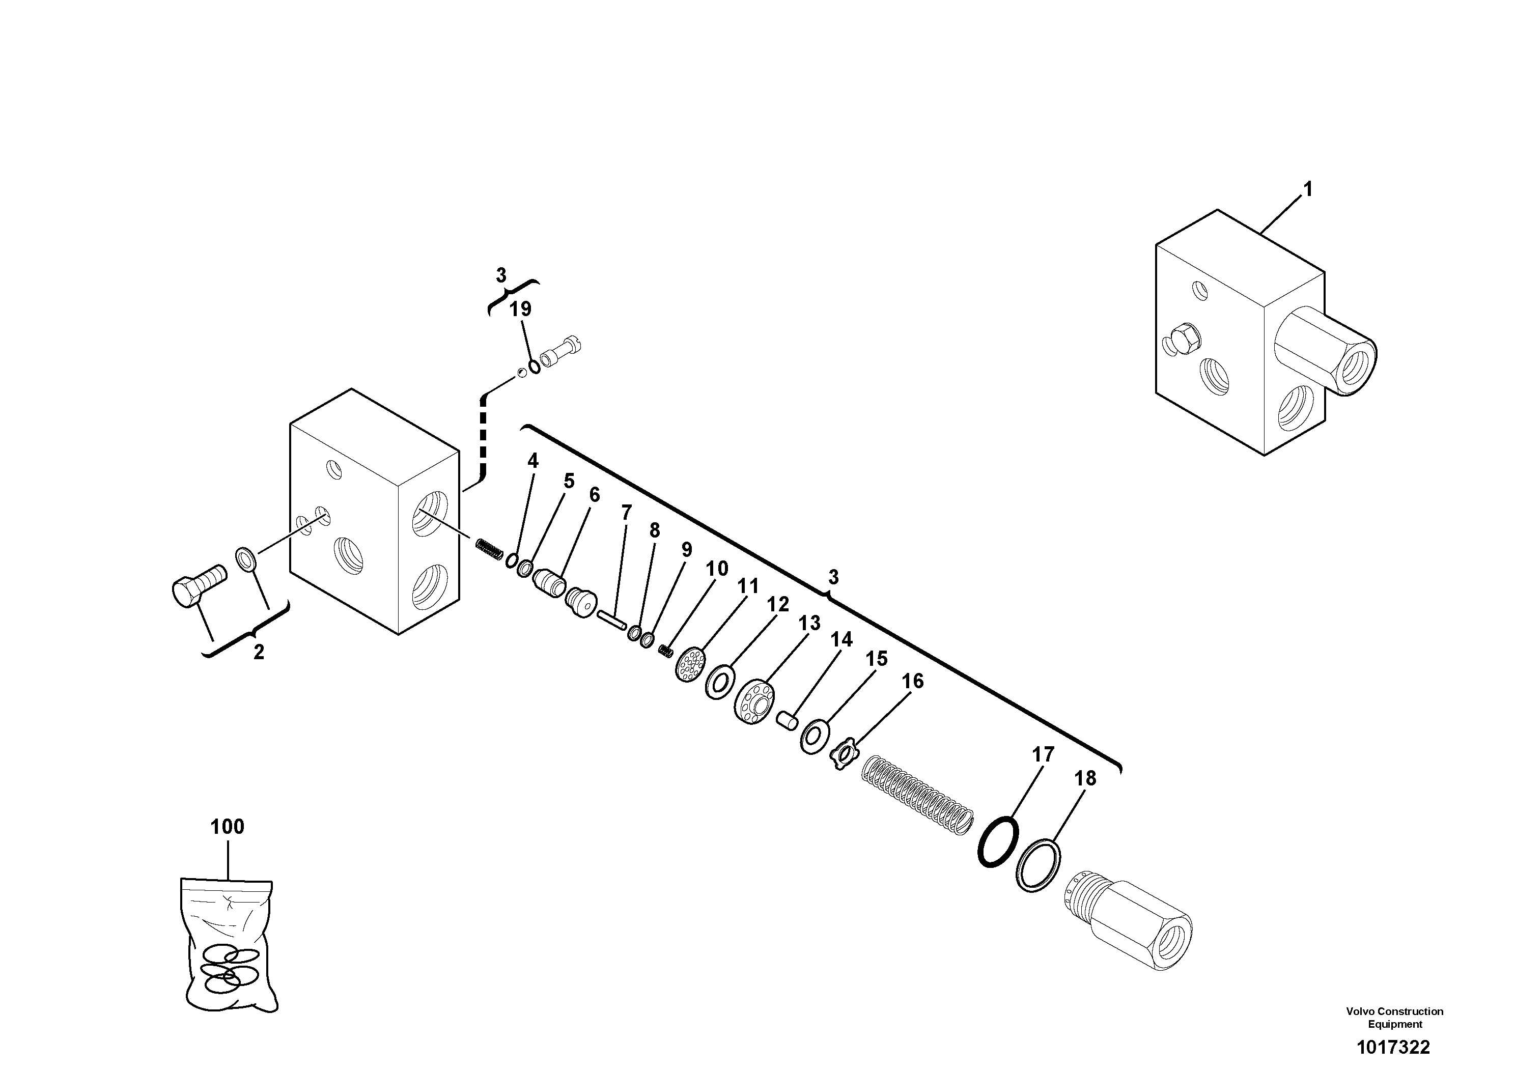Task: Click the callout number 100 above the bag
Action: point(227,827)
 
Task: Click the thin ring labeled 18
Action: point(1039,865)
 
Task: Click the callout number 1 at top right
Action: point(1307,190)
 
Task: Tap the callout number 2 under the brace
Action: point(259,653)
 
